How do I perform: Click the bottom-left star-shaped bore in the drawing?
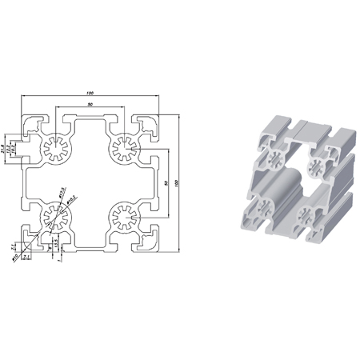(56, 216)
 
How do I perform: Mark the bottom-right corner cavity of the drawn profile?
(149, 241)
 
